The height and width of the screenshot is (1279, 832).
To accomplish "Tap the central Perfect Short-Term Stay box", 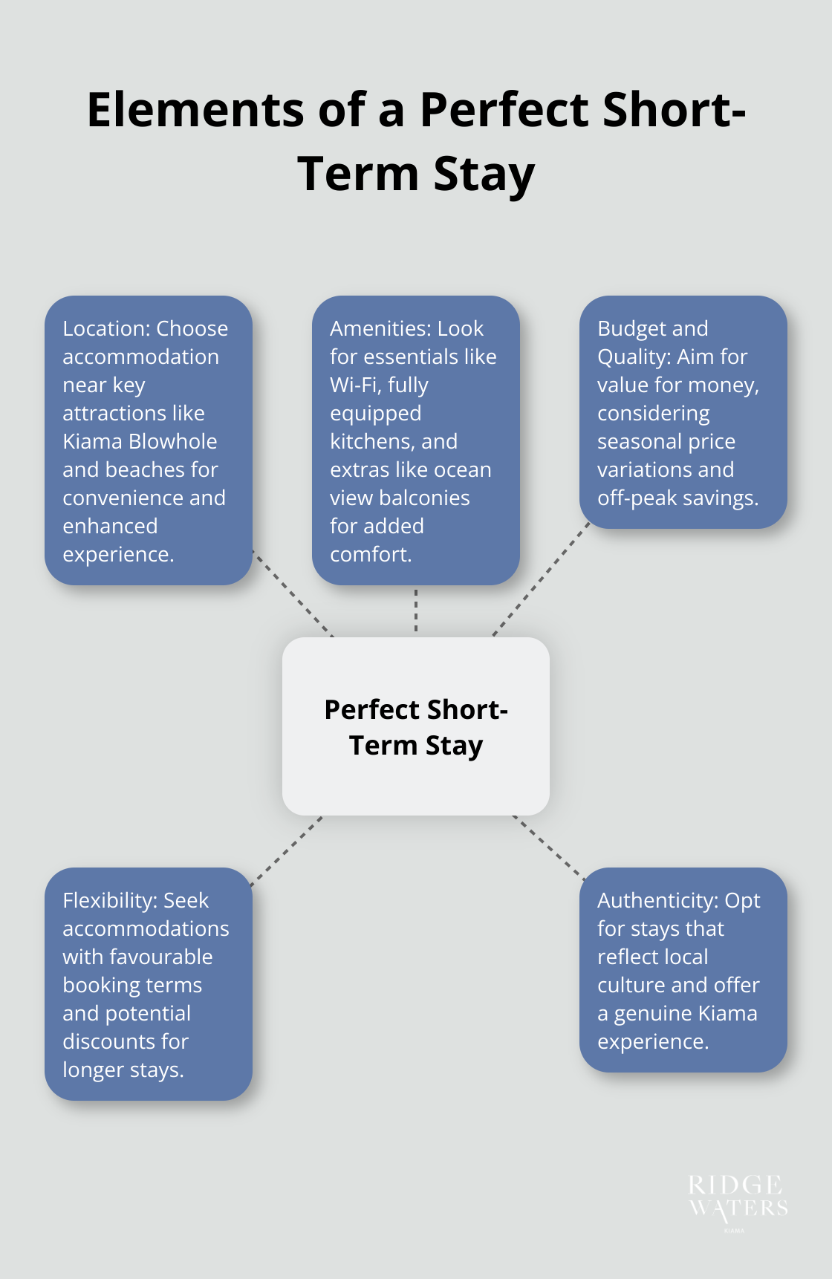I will [416, 726].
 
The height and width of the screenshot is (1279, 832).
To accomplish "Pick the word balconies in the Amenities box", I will [430, 498].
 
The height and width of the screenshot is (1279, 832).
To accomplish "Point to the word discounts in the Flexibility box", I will [109, 1041].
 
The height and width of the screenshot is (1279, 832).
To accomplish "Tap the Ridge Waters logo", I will [737, 1198].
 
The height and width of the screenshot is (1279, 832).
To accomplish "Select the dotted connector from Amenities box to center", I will [416, 611].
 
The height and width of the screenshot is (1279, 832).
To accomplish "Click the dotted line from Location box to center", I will [293, 593].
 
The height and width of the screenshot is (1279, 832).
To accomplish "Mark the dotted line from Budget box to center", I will [541, 581].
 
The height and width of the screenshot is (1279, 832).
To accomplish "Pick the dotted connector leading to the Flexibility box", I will [287, 851].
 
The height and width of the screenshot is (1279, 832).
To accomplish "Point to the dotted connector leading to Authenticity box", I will [548, 847].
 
